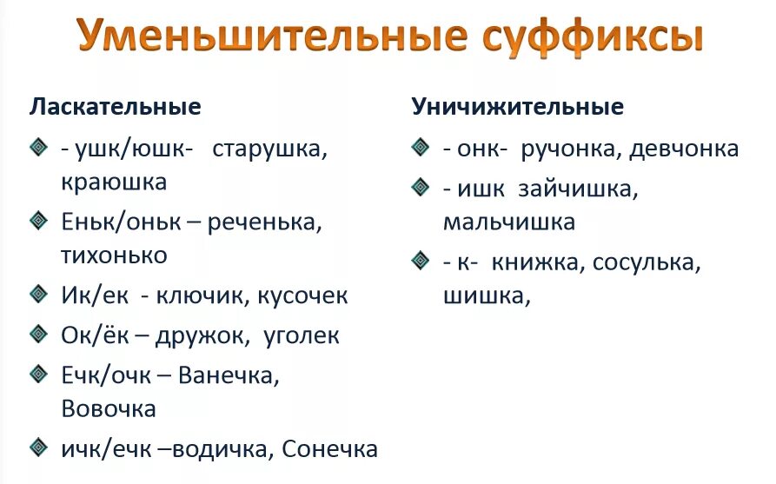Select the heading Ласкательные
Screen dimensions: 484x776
point(116,107)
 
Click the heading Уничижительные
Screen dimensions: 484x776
point(518,107)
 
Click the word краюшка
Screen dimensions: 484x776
point(114,182)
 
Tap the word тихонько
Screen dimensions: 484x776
point(114,255)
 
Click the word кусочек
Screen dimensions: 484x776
point(302,295)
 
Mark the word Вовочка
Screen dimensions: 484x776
point(109,408)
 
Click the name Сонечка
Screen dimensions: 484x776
point(330,448)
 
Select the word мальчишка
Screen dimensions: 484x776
point(509,222)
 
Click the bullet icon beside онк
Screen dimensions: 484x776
point(421,147)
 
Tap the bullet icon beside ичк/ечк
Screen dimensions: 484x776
point(39,448)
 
